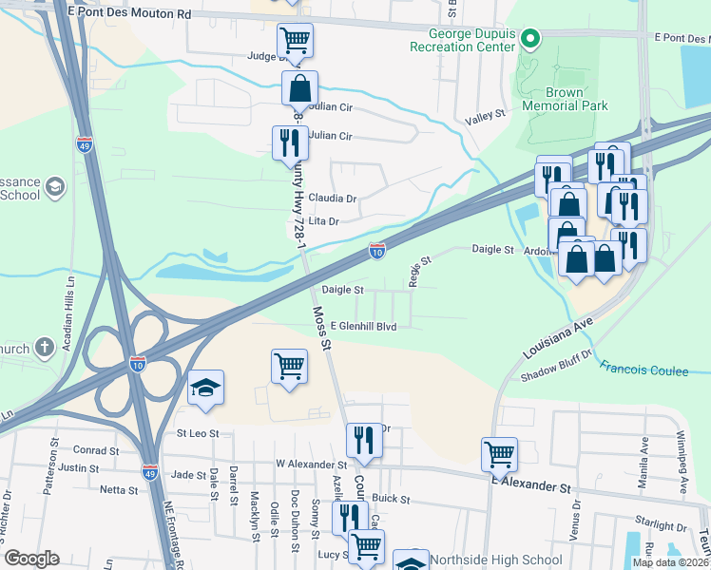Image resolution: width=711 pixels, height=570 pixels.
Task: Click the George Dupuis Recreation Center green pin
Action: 531,39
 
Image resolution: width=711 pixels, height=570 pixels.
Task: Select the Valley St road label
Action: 485,119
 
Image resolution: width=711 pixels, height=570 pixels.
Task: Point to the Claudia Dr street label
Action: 338,199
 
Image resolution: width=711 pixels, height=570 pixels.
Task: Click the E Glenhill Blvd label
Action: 356,325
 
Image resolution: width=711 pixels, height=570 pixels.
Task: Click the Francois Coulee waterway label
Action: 644,370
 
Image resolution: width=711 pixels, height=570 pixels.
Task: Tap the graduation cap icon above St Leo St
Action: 205,388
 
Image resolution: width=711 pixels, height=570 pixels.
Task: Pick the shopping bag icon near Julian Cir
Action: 299,88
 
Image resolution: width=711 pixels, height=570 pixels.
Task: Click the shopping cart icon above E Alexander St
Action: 499,454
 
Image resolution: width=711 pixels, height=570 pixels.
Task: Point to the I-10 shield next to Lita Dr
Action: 377,251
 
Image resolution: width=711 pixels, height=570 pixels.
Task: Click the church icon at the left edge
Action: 44,348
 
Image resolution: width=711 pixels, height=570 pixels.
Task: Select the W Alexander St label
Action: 308,464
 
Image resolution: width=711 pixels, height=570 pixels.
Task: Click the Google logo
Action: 32,559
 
